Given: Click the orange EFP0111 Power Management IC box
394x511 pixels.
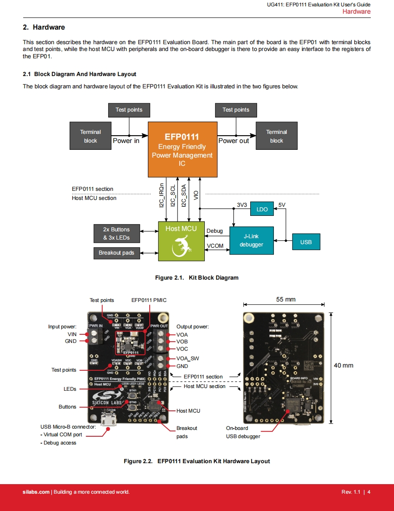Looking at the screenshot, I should [x=182, y=149].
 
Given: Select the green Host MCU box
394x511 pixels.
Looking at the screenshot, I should [x=181, y=241].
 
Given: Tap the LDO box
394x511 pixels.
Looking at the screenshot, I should [x=262, y=209].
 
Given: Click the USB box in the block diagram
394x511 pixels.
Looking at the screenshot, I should [x=306, y=242].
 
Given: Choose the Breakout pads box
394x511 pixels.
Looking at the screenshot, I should [x=116, y=253].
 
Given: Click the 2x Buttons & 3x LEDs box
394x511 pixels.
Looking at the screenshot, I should [x=116, y=234].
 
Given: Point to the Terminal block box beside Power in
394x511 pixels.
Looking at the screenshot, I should [x=91, y=136].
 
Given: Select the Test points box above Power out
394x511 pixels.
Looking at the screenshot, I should [x=236, y=110].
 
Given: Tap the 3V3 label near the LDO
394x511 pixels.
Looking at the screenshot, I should [x=242, y=205].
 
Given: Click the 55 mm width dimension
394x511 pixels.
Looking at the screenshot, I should [x=286, y=299].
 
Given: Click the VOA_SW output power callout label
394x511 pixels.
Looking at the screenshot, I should [x=188, y=358].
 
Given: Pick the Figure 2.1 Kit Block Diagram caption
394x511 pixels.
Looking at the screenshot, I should [x=197, y=278].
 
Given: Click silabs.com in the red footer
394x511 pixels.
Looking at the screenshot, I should [x=36, y=492].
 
